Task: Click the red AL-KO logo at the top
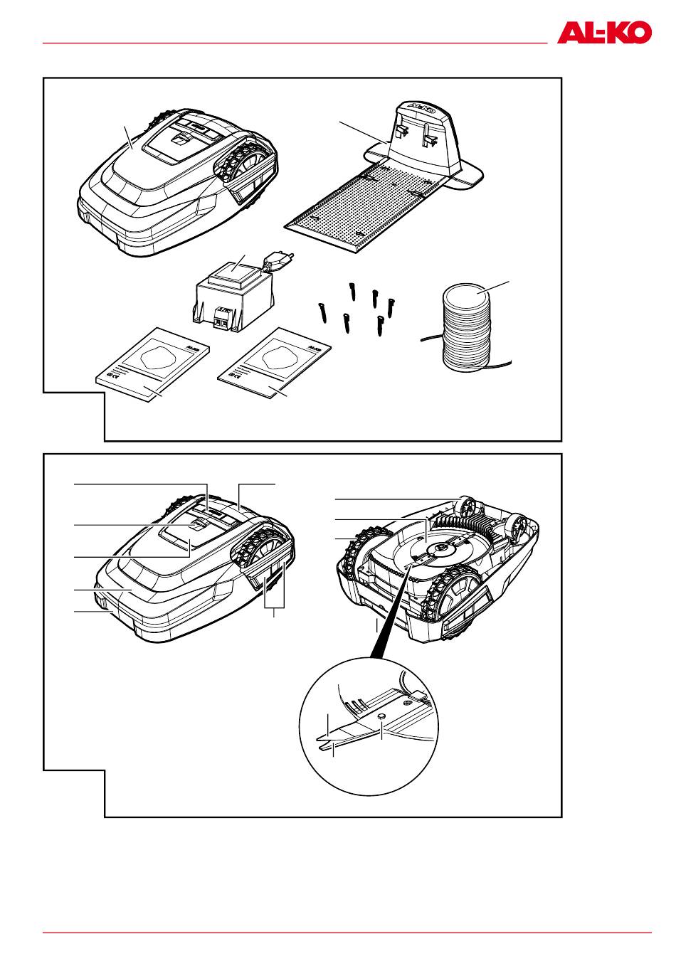tap(604, 33)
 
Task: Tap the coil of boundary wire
tap(466, 324)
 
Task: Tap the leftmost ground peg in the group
tap(321, 311)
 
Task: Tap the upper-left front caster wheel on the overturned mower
tap(467, 506)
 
